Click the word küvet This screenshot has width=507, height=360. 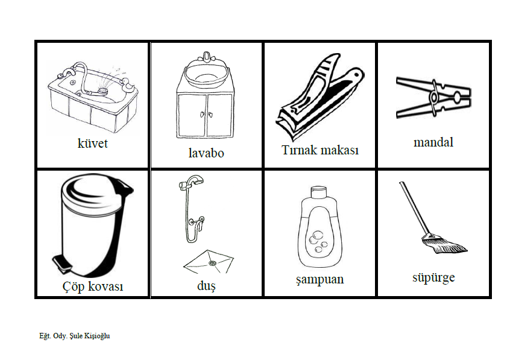pyautogui.click(x=92, y=144)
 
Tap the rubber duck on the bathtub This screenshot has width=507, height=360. pyautogui.click(x=128, y=85)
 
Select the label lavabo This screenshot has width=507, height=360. pyautogui.click(x=206, y=153)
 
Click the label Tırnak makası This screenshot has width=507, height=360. pyautogui.click(x=320, y=150)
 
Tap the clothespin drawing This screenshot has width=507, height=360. pyautogui.click(x=433, y=97)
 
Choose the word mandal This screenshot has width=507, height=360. pyautogui.click(x=433, y=142)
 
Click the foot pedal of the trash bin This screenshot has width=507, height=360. pyautogui.click(x=62, y=262)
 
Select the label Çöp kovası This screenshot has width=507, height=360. pyautogui.click(x=93, y=286)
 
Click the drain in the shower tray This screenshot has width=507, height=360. pyautogui.click(x=212, y=263)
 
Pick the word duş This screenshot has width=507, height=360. pyautogui.click(x=206, y=286)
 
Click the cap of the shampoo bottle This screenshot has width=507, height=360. pyautogui.click(x=319, y=192)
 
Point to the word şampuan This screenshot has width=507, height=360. pyautogui.click(x=320, y=279)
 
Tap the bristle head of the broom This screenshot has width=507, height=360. pyautogui.click(x=444, y=244)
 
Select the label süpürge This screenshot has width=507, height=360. pyautogui.click(x=433, y=278)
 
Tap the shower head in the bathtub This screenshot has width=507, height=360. pyautogui.click(x=103, y=91)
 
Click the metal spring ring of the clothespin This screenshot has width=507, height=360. pyautogui.click(x=433, y=97)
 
